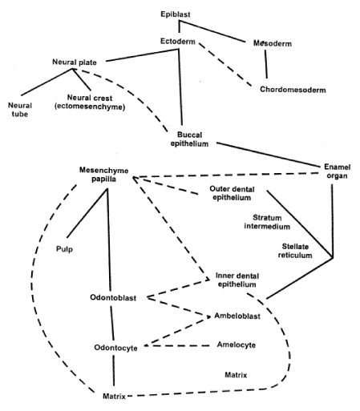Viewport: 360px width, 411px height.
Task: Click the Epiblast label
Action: pyautogui.click(x=176, y=14)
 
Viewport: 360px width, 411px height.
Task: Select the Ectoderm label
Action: pyautogui.click(x=178, y=42)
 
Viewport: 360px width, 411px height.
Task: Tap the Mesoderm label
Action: pyautogui.click(x=273, y=43)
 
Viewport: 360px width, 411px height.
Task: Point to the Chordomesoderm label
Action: pyautogui.click(x=293, y=90)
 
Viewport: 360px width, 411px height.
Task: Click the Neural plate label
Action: pyautogui.click(x=75, y=62)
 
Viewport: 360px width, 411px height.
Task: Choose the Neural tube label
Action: pyautogui.click(x=20, y=110)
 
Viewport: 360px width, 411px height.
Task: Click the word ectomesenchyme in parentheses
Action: pyautogui.click(x=90, y=107)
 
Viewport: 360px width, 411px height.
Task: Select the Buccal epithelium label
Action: pyautogui.click(x=189, y=139)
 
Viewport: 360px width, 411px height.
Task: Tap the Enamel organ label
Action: pyautogui.click(x=337, y=171)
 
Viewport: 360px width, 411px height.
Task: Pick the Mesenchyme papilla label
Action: pyautogui.click(x=103, y=175)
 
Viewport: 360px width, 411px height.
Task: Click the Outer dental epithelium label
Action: pyautogui.click(x=232, y=193)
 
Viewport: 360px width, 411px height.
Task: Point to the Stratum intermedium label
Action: pyautogui.click(x=267, y=222)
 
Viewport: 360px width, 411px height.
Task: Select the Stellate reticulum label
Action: pyautogui.click(x=295, y=251)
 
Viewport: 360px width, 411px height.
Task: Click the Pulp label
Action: pyautogui.click(x=64, y=249)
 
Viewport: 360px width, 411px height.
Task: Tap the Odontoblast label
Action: pyautogui.click(x=113, y=297)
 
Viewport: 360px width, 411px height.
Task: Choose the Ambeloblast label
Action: pyautogui.click(x=237, y=316)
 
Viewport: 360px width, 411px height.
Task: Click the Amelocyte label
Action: pyautogui.click(x=237, y=345)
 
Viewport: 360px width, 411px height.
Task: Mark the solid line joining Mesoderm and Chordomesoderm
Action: pyautogui.click(x=266, y=64)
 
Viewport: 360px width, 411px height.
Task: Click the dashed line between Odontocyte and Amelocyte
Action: pyautogui.click(x=177, y=346)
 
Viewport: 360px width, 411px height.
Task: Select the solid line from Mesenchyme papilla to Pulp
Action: pyautogui.click(x=87, y=213)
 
